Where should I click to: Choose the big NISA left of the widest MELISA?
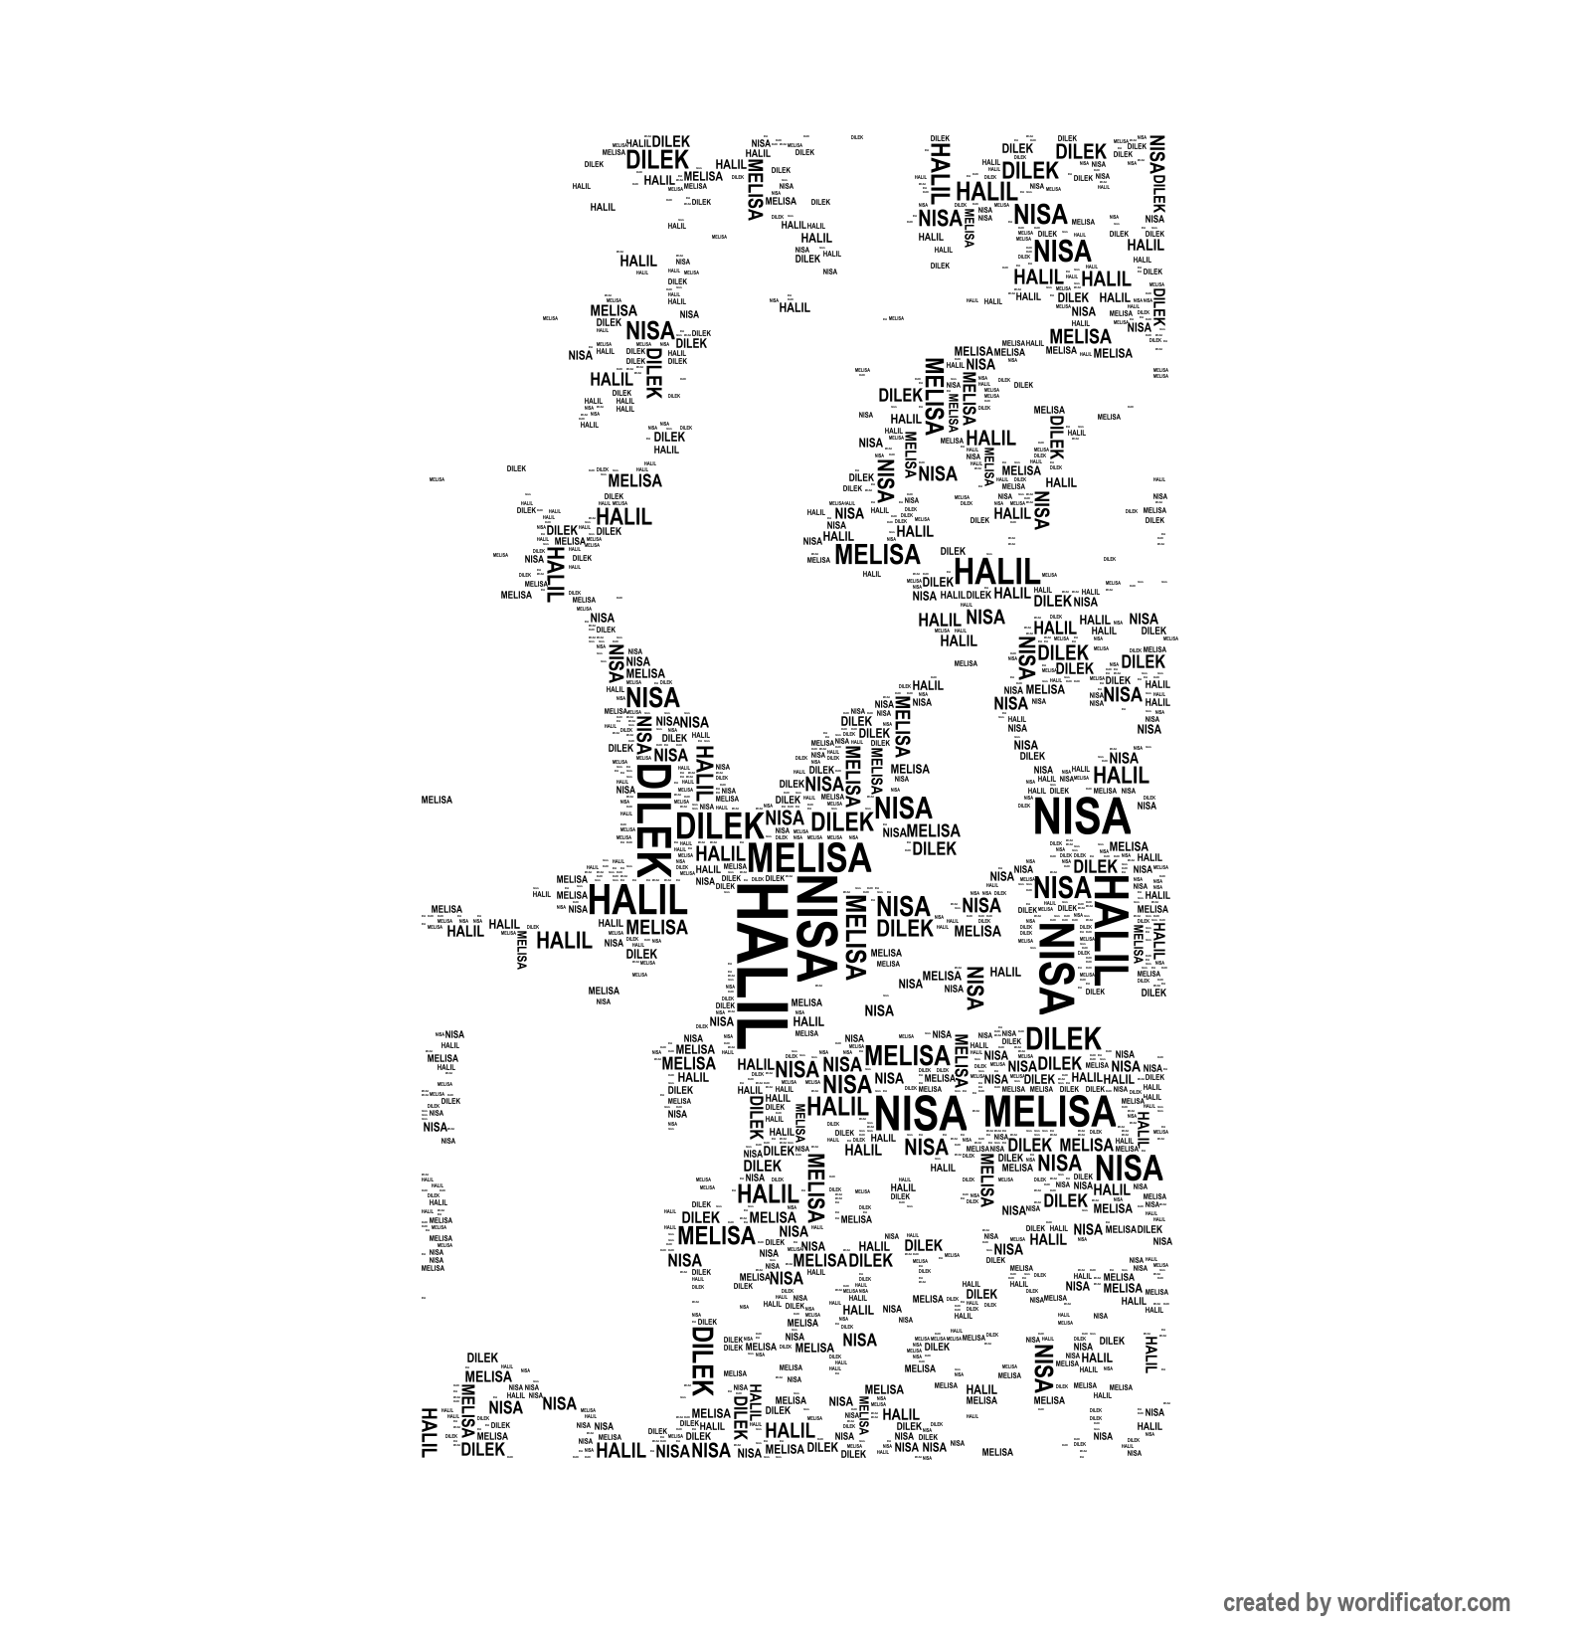[919, 1113]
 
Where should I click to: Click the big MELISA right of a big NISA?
[1049, 1111]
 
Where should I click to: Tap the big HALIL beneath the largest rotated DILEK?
[637, 901]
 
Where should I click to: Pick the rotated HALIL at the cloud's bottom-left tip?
[430, 1432]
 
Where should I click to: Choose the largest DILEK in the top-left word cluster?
[657, 160]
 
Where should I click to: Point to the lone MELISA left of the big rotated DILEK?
[437, 800]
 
